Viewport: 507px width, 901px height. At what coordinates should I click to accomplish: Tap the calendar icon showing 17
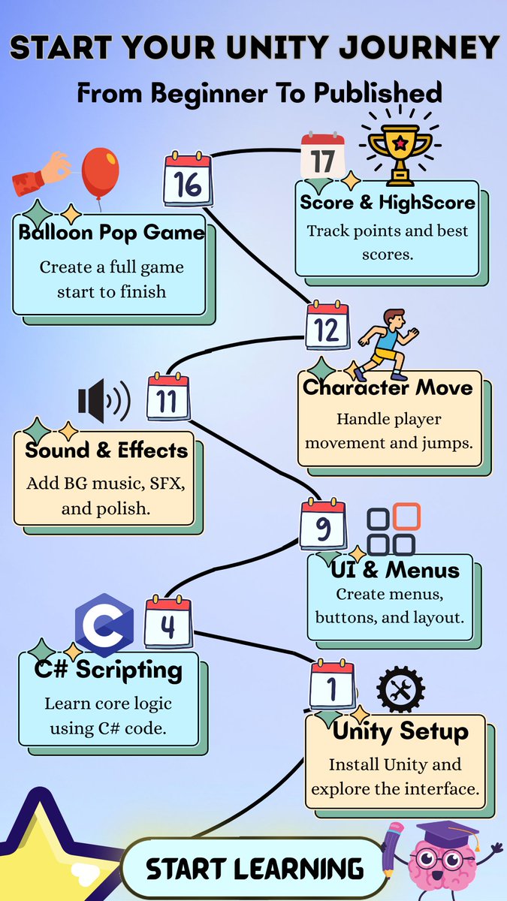[x=323, y=158]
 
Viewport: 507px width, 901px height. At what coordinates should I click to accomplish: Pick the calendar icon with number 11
[x=167, y=397]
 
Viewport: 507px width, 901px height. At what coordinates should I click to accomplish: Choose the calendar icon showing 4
[x=168, y=622]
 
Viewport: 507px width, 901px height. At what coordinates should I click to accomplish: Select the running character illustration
[x=385, y=342]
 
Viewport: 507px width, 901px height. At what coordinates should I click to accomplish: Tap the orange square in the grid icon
[x=407, y=517]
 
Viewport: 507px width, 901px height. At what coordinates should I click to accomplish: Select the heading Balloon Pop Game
[x=111, y=232]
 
